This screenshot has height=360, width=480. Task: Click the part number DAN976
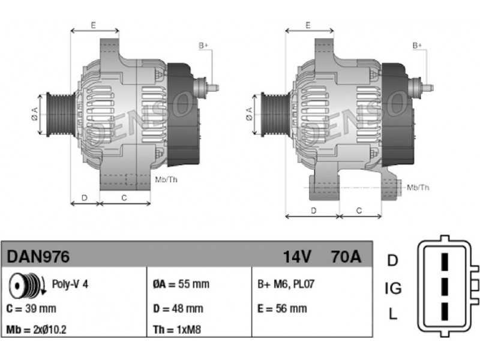click(38, 257)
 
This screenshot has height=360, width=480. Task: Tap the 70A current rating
click(346, 257)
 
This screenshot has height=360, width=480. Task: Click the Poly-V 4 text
click(70, 284)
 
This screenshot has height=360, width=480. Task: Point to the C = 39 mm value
click(31, 308)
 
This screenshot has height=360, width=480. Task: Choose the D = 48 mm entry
click(178, 308)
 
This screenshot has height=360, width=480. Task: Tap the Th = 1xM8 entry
click(178, 330)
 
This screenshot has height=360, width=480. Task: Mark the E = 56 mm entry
click(281, 308)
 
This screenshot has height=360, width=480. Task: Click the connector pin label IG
click(392, 289)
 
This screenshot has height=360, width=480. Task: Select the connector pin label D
click(392, 260)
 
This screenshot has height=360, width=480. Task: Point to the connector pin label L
click(392, 313)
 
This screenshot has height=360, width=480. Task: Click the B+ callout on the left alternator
click(203, 46)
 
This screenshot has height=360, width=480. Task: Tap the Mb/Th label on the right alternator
click(418, 188)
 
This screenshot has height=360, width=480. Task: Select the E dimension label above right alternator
click(307, 25)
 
